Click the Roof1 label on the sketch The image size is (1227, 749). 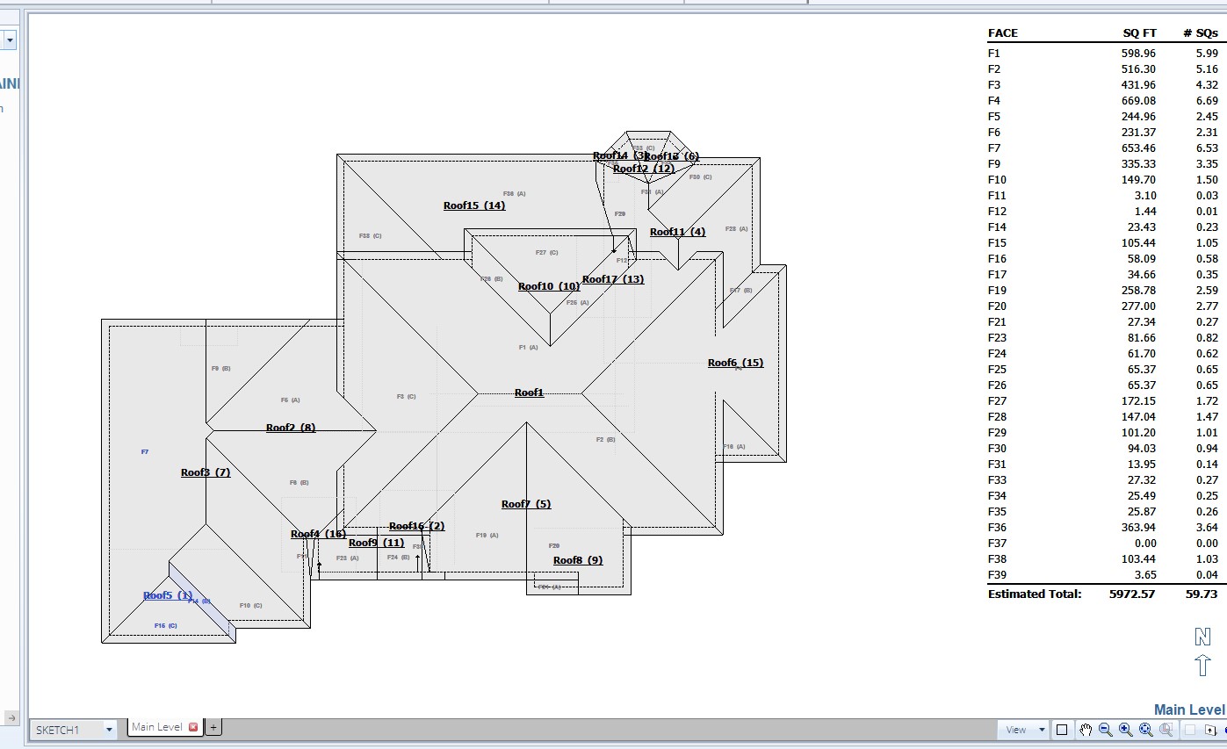[529, 393]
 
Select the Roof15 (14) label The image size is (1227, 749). [473, 205]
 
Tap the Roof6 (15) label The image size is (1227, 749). [735, 363]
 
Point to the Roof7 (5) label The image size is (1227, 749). [525, 504]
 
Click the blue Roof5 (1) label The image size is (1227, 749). [168, 595]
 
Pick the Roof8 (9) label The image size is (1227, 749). [577, 560]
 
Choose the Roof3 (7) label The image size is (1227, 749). [205, 472]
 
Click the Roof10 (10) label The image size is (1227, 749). [548, 286]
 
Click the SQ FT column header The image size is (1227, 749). [1139, 33]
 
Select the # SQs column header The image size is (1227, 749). [1200, 33]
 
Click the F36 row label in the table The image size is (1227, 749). [996, 528]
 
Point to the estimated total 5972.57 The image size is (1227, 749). [1133, 594]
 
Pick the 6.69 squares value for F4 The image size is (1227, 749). [1206, 101]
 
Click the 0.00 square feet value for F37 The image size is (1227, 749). [1145, 544]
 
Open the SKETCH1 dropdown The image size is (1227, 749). [109, 730]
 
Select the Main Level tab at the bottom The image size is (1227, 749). [157, 727]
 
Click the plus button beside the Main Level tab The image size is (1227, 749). [213, 727]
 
